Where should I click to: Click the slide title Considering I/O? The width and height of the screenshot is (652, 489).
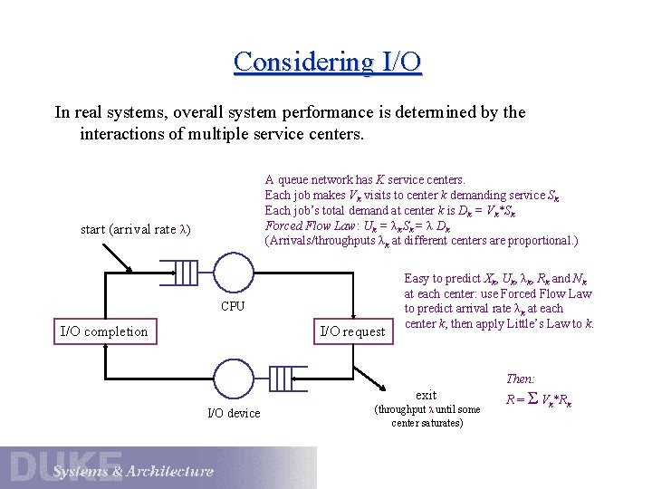pos(327,62)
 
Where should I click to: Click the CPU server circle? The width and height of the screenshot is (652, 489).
pos(233,272)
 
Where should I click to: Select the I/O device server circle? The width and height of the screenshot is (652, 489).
pos(231,375)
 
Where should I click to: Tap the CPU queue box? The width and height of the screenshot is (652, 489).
pos(185,272)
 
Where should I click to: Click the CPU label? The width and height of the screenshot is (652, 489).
pos(233,306)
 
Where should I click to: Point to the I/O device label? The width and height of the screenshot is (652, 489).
pos(234,413)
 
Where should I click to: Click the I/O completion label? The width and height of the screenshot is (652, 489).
pos(103,331)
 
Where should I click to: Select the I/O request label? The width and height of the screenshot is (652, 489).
pos(353,331)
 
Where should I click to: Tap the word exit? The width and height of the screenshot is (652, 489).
pos(426,395)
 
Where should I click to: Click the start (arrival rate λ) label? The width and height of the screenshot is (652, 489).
pos(135,228)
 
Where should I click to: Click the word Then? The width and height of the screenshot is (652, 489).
pos(521,379)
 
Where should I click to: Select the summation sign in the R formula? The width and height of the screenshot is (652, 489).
pos(533,397)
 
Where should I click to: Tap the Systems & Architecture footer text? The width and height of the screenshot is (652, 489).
pos(132,471)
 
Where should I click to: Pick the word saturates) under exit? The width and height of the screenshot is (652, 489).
pos(443,423)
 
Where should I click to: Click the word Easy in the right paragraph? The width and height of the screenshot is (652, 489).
pos(417,278)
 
